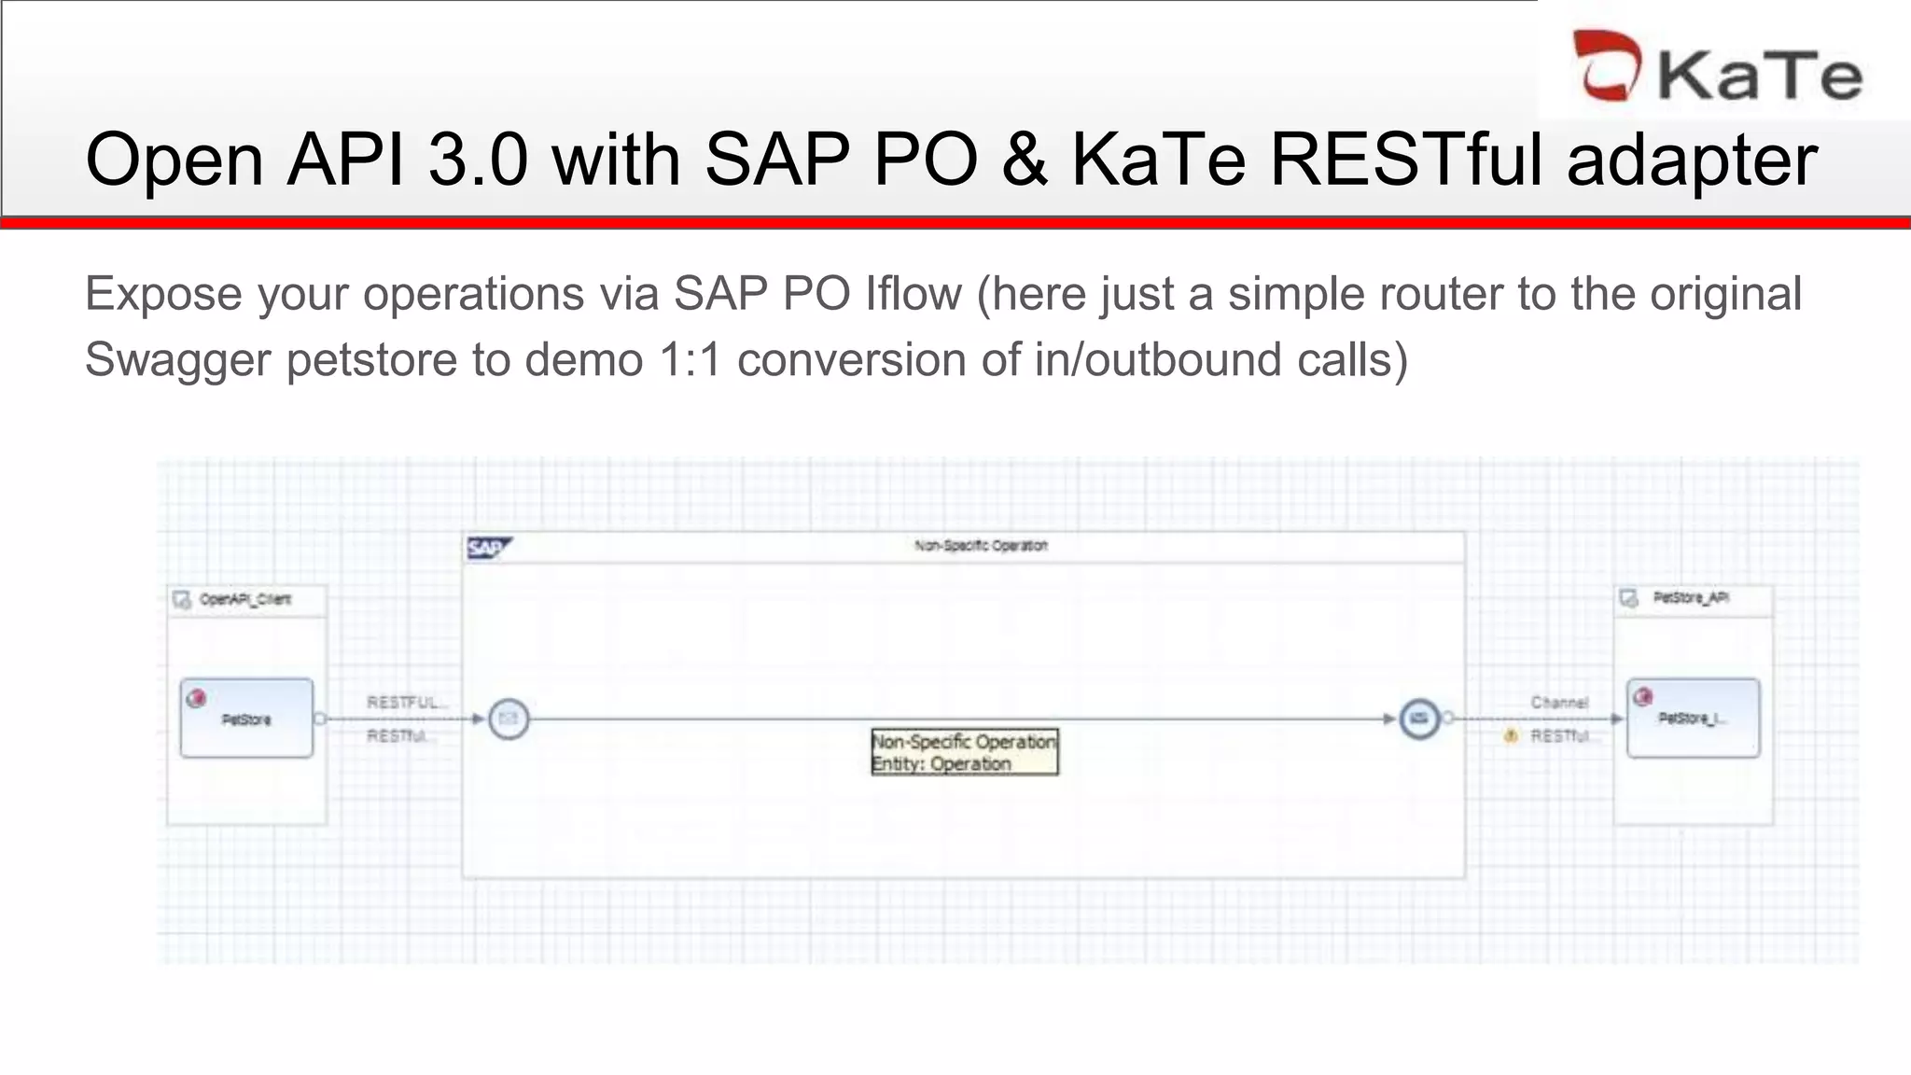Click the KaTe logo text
(1760, 74)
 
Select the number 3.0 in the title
(478, 160)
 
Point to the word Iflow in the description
(913, 294)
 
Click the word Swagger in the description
(176, 360)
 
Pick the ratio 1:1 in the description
(690, 360)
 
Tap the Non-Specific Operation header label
(981, 546)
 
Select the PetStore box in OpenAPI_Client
(246, 719)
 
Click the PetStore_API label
(1691, 597)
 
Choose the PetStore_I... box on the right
(1693, 718)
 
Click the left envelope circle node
(509, 719)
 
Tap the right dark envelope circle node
(1418, 719)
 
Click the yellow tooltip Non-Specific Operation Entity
(964, 752)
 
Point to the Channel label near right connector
(1558, 702)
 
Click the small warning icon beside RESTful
(1511, 736)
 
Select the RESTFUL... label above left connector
(406, 702)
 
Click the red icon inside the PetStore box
(196, 698)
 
